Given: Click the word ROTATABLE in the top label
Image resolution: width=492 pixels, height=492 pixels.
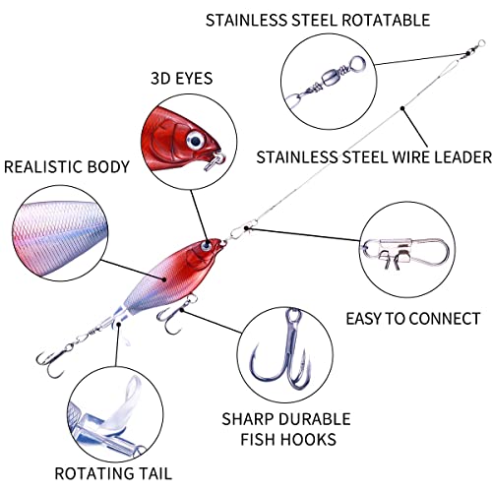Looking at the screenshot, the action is pos(386,21).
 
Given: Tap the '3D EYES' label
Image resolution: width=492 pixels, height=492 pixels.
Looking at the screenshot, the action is pos(182,79).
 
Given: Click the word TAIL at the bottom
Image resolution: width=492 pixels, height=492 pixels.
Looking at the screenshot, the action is pos(154,473).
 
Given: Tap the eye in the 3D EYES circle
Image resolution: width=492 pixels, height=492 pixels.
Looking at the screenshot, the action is pos(196,141).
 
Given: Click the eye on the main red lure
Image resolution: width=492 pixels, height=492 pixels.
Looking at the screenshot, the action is pos(207,246).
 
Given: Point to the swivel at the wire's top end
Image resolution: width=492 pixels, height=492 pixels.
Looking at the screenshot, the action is pos(474,48).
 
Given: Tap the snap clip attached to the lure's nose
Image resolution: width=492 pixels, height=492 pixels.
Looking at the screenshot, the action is pos(239,232).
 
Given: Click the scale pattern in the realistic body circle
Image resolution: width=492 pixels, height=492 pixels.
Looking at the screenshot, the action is pos(59,233).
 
